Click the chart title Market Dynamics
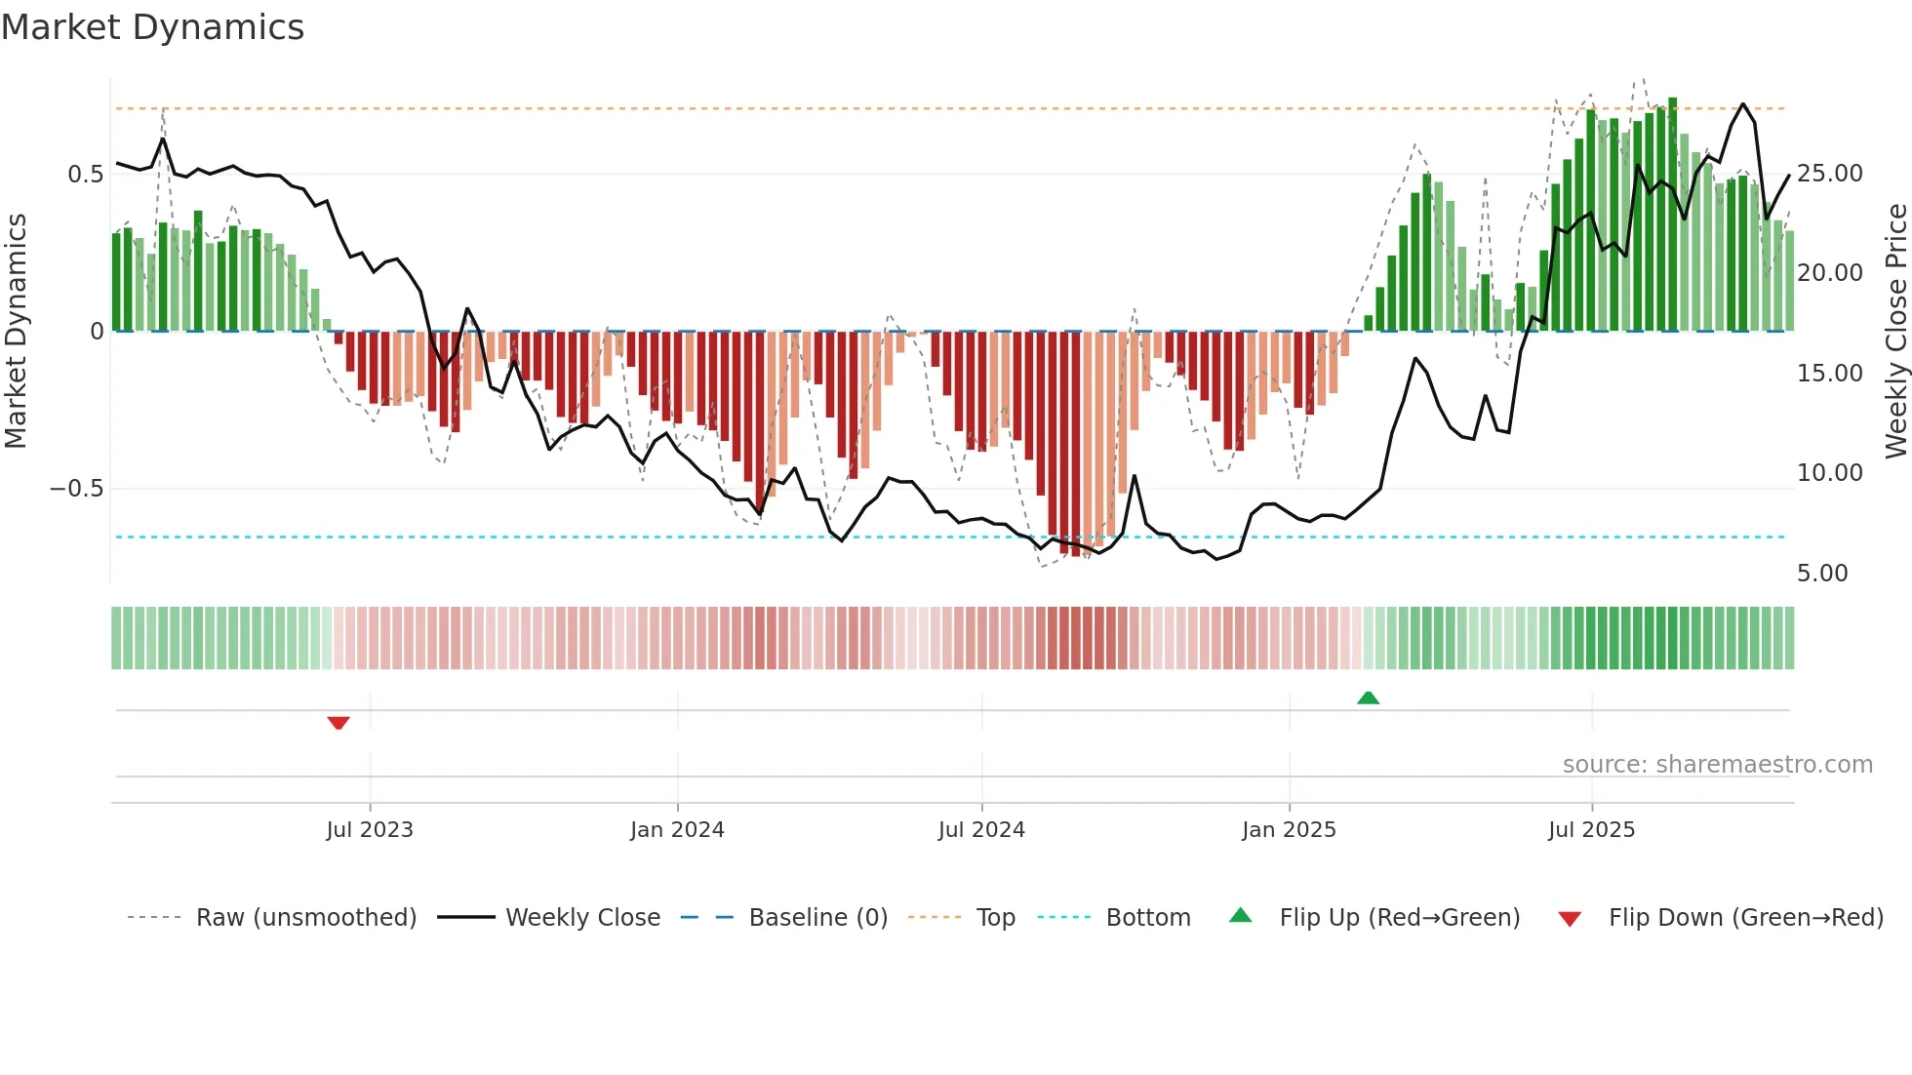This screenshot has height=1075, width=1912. pos(152,27)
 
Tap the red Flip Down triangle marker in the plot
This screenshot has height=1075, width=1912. pos(339,723)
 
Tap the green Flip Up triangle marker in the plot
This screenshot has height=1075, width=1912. pos(1368,697)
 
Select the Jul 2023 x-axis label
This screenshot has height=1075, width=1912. pos(370,830)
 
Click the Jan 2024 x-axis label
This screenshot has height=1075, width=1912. pos(677,830)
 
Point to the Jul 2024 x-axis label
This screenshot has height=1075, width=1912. pos(981,830)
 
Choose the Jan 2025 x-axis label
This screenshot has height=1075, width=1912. pos(1289,830)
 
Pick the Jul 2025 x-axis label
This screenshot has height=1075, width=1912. pos(1591,830)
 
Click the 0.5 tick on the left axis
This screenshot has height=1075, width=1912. pos(85,175)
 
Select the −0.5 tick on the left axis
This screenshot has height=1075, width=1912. pos(76,489)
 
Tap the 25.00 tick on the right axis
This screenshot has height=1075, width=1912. pos(1829,174)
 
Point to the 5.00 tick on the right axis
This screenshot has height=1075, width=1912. pos(1822,574)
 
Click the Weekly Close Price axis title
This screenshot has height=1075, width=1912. pos(1895,332)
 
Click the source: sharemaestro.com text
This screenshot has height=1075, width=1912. pos(1717,765)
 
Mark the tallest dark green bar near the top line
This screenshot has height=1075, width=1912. pos(1672,215)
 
